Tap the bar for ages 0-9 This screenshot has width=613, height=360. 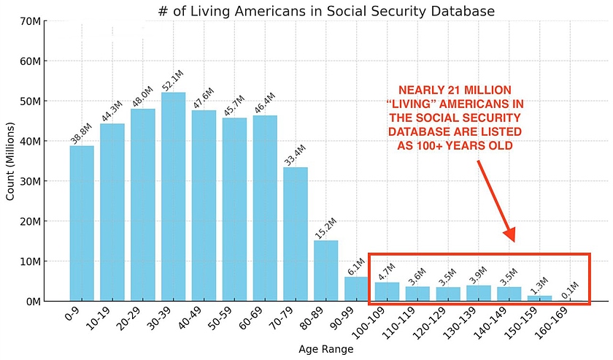click(82, 223)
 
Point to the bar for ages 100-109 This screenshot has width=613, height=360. click(387, 291)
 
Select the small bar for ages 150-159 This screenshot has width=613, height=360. click(540, 298)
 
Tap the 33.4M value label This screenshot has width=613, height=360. click(294, 155)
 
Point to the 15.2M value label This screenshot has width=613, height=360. click(325, 228)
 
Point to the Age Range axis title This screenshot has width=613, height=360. click(326, 350)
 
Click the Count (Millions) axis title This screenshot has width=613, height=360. click(11, 161)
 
